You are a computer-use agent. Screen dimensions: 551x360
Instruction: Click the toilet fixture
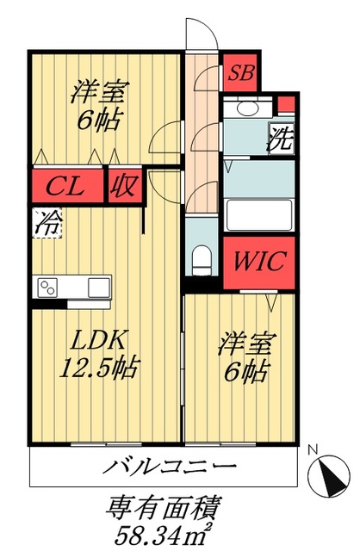[202, 257]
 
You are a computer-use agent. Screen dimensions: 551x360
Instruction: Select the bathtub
[258, 214]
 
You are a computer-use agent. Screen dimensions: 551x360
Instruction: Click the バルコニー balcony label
[171, 468]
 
